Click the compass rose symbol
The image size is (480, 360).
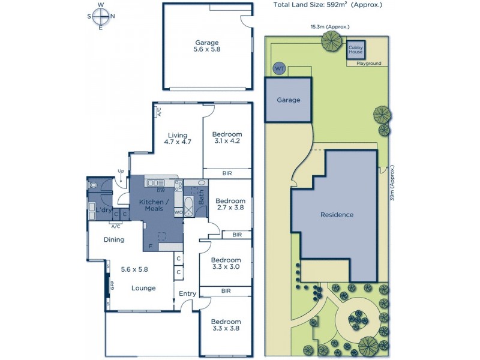pos(100,16)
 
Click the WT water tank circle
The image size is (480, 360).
pos(279,68)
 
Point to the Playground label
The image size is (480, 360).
pos(368,63)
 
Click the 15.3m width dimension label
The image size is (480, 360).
pos(330,26)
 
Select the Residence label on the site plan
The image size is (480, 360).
pos(337,215)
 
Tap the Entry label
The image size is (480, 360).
pos(188,293)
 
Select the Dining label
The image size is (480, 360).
pos(113,239)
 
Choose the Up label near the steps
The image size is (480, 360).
pos(121,172)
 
